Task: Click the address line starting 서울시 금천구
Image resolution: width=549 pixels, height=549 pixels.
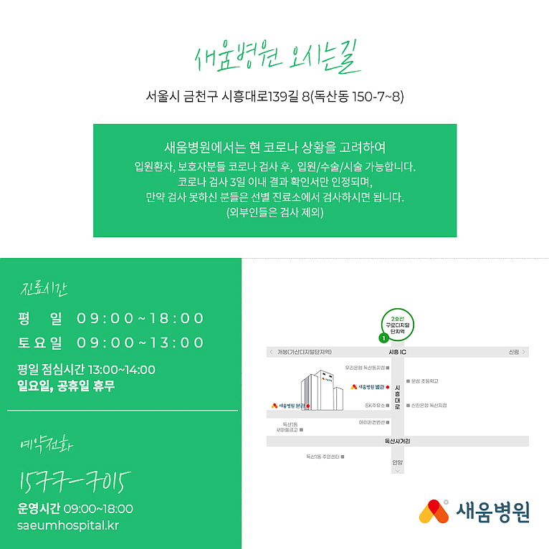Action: click(x=274, y=95)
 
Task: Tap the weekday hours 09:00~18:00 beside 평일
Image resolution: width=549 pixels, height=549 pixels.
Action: click(x=140, y=318)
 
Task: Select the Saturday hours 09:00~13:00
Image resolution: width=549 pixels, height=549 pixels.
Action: click(x=140, y=343)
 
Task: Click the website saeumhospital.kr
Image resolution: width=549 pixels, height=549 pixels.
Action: click(x=68, y=525)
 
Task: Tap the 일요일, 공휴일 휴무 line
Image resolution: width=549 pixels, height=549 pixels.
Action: click(x=66, y=386)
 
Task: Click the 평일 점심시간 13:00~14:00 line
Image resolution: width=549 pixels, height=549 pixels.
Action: click(x=86, y=370)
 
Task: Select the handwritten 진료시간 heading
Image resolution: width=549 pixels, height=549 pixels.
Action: click(x=44, y=290)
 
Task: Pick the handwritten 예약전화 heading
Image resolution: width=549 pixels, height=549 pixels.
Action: click(x=47, y=446)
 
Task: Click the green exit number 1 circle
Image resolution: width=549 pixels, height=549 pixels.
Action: click(x=383, y=337)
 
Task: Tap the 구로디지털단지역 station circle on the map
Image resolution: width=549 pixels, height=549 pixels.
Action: click(x=397, y=323)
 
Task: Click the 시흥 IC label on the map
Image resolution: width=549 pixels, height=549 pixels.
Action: click(x=397, y=353)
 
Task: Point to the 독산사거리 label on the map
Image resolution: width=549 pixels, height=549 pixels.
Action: click(x=397, y=441)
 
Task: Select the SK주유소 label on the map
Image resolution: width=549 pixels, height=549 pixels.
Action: click(x=375, y=405)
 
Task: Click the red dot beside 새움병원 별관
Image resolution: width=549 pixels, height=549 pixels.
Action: click(x=388, y=387)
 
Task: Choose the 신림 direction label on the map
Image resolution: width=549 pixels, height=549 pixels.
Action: click(x=513, y=353)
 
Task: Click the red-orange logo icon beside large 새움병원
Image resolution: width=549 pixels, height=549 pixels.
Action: click(x=434, y=511)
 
